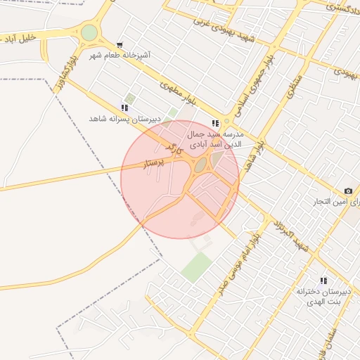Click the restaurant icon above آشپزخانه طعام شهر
(120, 44)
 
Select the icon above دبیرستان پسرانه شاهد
(124, 108)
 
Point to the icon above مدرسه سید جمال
(215, 123)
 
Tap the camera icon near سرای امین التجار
(348, 191)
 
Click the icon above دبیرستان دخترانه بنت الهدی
(323, 281)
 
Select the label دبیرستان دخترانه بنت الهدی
(322, 295)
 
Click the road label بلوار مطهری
(176, 89)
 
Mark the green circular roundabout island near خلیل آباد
(89, 32)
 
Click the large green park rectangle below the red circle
(196, 267)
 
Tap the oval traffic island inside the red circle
(200, 165)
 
